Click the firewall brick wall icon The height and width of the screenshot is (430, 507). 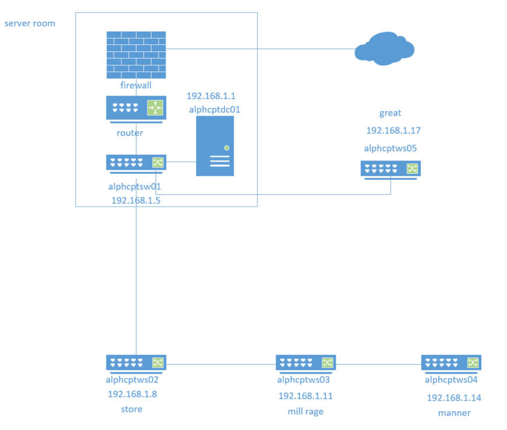click(136, 55)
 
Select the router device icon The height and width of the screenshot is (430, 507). click(136, 109)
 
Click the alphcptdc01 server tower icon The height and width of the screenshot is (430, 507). click(215, 146)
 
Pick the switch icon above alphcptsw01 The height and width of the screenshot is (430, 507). click(136, 163)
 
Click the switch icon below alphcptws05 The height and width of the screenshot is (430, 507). click(390, 169)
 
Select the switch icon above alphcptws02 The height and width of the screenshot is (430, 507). click(136, 362)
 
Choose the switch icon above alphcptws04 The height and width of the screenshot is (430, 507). click(451, 363)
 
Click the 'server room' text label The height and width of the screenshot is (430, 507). click(30, 23)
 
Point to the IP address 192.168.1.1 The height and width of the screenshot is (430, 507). click(211, 96)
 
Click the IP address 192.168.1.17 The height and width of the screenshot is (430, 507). click(393, 131)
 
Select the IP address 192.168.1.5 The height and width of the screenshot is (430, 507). click(136, 200)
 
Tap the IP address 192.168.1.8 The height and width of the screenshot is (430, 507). click(132, 394)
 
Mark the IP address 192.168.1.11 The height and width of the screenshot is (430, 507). click(305, 396)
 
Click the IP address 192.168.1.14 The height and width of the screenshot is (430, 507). click(454, 398)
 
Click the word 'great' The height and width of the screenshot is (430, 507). click(390, 113)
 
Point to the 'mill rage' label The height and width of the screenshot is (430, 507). click(305, 411)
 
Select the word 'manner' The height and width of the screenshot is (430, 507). click(454, 413)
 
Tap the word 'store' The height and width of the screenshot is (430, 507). click(131, 409)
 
